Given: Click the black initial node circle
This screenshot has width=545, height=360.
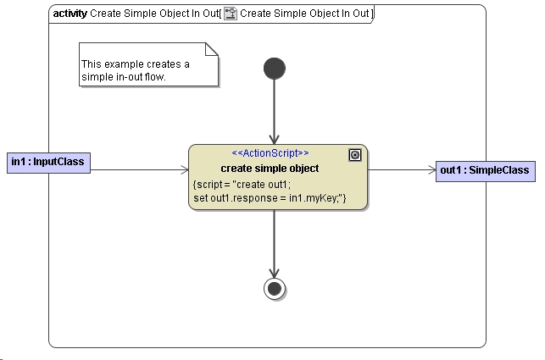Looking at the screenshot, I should [275, 68].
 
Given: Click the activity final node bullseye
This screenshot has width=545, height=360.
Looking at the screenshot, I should [275, 289].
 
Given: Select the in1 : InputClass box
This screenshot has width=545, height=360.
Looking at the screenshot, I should [49, 162].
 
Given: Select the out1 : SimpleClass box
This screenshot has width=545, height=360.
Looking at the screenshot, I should [485, 170].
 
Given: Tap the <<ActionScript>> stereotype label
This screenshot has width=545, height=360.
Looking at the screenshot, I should [270, 153].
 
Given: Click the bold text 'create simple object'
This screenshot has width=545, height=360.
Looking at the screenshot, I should [270, 169].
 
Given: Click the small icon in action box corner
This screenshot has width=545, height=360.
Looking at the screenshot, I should [355, 154].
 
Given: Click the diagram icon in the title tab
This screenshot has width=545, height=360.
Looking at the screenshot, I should [230, 14].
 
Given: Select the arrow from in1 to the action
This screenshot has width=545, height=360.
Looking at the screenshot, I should [139, 170].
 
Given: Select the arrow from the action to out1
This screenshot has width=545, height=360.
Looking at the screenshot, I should [402, 170].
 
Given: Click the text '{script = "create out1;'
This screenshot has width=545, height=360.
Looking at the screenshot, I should [242, 185].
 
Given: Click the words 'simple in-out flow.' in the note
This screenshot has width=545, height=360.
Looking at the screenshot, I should [123, 77].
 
